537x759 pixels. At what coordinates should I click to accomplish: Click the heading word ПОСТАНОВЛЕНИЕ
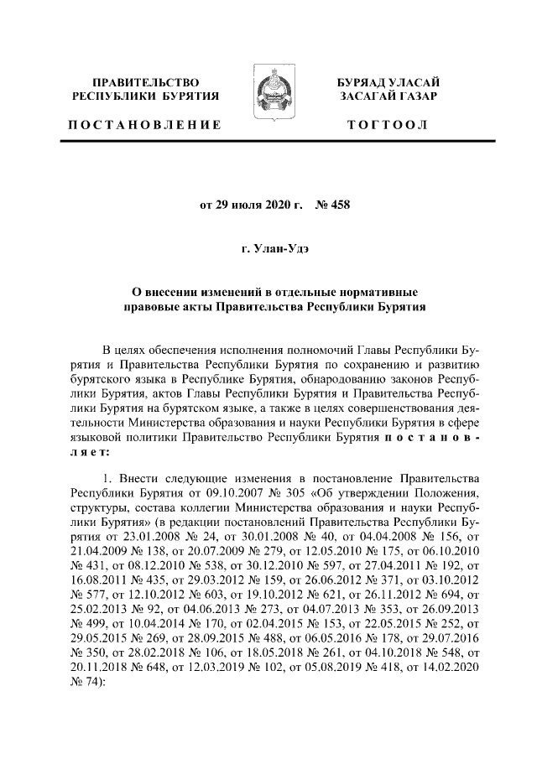(x=145, y=125)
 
